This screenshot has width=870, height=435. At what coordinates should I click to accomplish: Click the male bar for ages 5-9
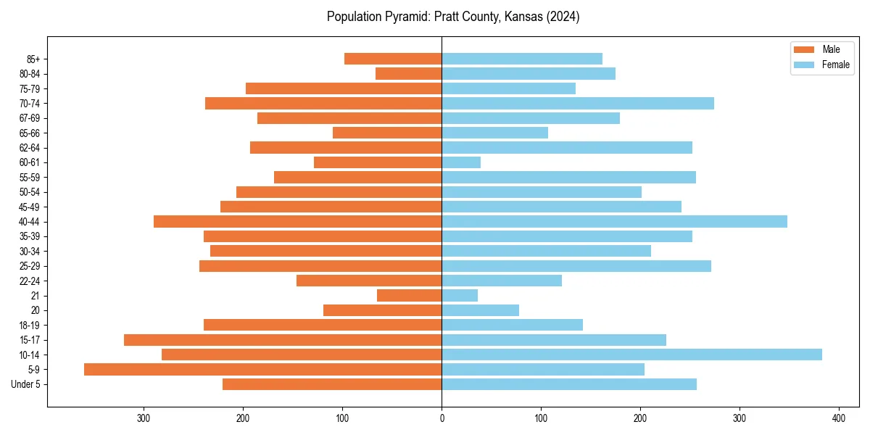pyautogui.click(x=262, y=369)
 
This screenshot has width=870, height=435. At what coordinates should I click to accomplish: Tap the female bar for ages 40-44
pyautogui.click(x=614, y=221)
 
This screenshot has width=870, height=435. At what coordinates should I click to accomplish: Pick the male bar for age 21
pyautogui.click(x=409, y=295)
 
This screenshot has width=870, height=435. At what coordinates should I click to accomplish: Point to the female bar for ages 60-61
pyautogui.click(x=461, y=162)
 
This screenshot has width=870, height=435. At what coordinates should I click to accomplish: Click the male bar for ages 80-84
pyautogui.click(x=408, y=73)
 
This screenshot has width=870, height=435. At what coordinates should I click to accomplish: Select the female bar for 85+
pyautogui.click(x=522, y=59)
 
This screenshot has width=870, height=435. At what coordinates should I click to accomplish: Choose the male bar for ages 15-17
pyautogui.click(x=283, y=339)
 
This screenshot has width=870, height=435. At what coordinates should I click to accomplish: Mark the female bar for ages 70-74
pyautogui.click(x=578, y=103)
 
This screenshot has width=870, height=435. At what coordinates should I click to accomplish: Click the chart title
pyautogui.click(x=453, y=17)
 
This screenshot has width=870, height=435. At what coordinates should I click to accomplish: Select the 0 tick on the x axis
pyautogui.click(x=442, y=418)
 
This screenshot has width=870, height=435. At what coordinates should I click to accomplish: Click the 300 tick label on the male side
pyautogui.click(x=144, y=418)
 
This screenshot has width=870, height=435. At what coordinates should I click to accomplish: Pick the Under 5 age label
pyautogui.click(x=25, y=384)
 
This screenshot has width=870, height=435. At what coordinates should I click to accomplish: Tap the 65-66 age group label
pyautogui.click(x=30, y=133)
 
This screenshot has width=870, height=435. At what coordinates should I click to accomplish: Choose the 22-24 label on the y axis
pyautogui.click(x=30, y=281)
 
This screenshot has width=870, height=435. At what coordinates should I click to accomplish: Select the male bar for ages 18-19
pyautogui.click(x=323, y=325)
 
